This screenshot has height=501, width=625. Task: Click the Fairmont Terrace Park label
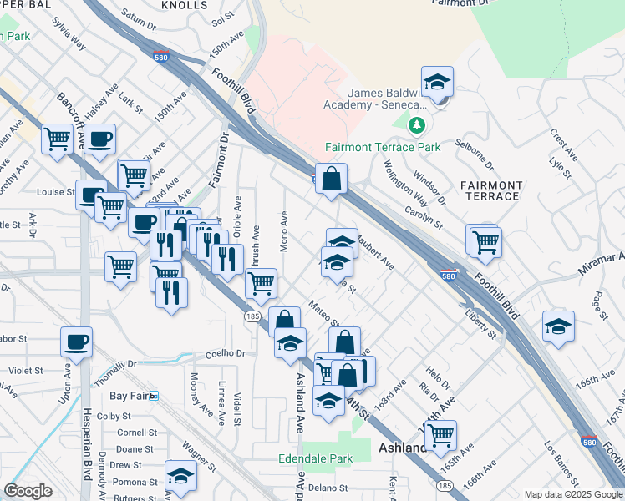click(x=382, y=148)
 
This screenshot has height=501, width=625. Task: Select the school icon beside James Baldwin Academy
click(x=437, y=84)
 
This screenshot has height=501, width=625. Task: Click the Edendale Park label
click(x=315, y=458)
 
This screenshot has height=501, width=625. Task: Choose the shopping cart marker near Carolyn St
click(x=485, y=242)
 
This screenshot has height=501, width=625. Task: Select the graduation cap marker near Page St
click(x=558, y=326)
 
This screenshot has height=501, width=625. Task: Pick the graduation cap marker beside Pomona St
click(x=180, y=476)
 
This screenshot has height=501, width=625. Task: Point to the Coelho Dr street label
click(x=223, y=353)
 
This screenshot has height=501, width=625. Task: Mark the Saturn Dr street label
click(x=139, y=20)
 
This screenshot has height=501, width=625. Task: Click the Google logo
click(x=28, y=491)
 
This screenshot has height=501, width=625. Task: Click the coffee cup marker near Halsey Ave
click(x=99, y=140)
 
